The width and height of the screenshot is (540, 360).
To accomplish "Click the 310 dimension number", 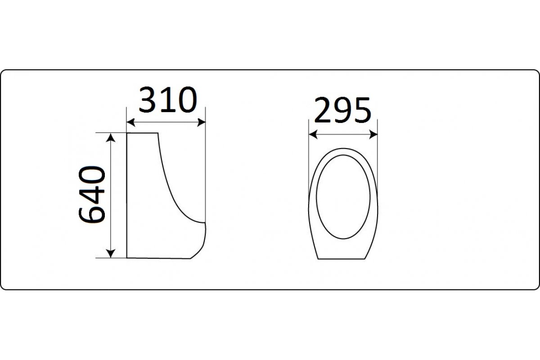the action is pyautogui.click(x=168, y=100).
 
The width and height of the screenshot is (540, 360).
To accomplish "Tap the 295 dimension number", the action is pyautogui.click(x=342, y=110).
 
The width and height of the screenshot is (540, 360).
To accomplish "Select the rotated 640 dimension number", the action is pyautogui.click(x=92, y=195).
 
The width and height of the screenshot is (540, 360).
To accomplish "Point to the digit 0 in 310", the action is pyautogui.click(x=186, y=100).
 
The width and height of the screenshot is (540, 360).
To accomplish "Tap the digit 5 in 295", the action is pyautogui.click(x=362, y=111).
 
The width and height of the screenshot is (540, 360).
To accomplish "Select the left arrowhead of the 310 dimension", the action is pyautogui.click(x=130, y=122).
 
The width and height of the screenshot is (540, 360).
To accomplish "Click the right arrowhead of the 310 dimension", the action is pyautogui.click(x=201, y=122).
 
